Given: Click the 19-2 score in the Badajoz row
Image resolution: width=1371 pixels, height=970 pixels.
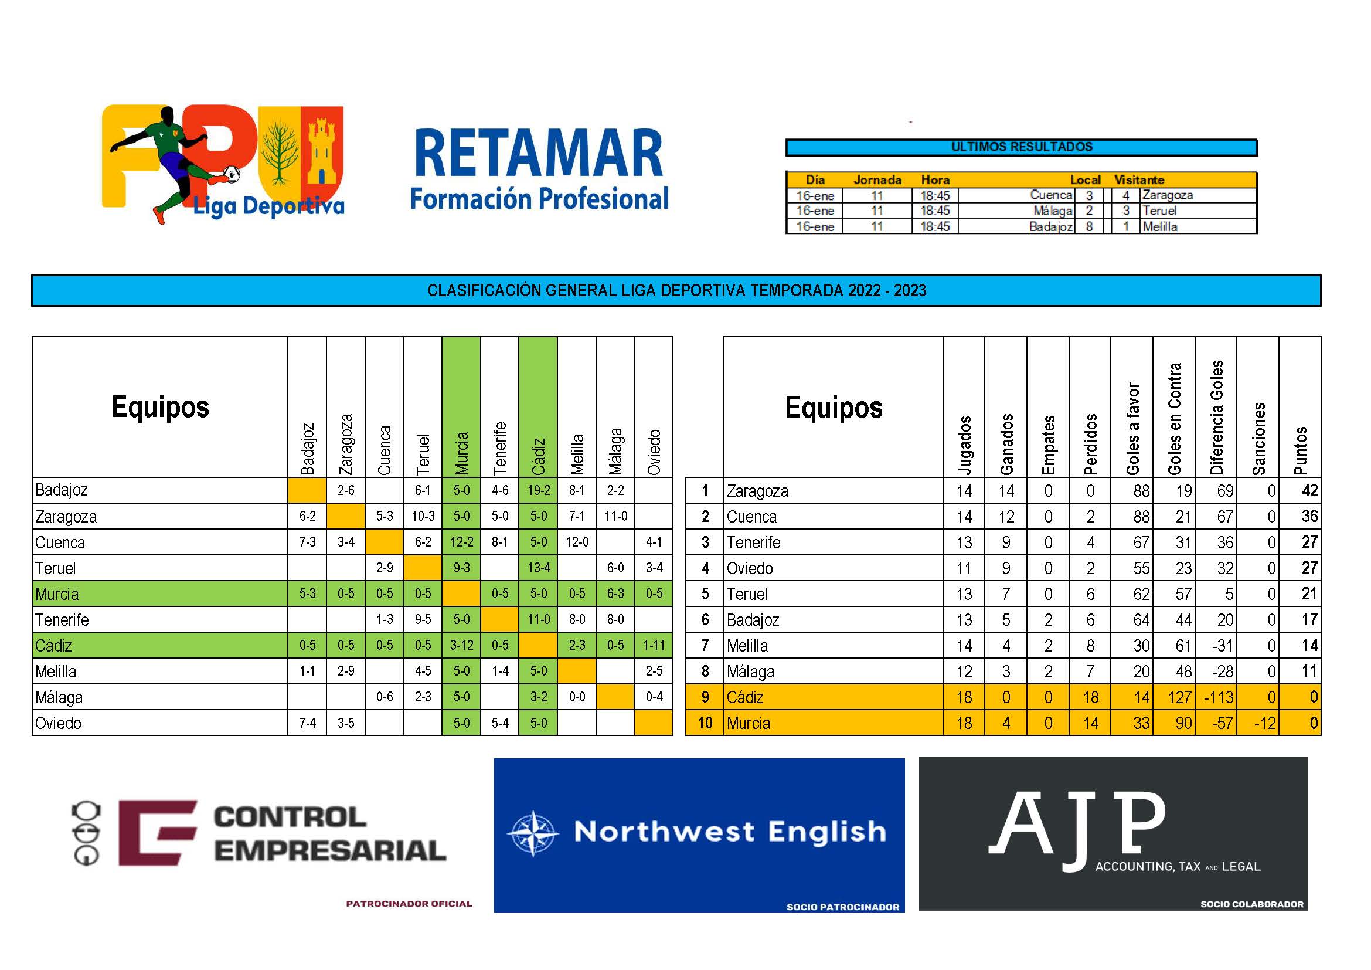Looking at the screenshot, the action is (538, 490).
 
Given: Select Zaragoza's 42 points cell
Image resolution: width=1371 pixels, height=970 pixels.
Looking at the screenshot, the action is (1309, 490).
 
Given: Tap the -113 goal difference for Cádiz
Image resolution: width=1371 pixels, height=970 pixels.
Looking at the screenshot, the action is (1217, 697).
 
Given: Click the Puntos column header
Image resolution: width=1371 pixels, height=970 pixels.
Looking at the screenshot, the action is (1300, 450).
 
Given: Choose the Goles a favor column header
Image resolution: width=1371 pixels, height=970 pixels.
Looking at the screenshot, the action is (1132, 429).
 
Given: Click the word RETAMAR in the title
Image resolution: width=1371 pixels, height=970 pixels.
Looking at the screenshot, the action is (539, 153).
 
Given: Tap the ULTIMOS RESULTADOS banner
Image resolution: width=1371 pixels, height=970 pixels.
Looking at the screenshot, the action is (1022, 147).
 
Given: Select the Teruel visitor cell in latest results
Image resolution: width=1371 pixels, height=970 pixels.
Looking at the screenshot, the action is (1159, 211).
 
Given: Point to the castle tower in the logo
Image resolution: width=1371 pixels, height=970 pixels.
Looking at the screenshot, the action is (322, 151).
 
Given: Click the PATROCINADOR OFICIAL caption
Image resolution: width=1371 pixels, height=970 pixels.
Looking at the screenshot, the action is (409, 904).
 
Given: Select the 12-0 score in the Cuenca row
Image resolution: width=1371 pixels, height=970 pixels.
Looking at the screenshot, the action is (577, 542).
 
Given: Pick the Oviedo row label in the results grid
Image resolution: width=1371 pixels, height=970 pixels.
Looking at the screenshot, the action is (59, 723).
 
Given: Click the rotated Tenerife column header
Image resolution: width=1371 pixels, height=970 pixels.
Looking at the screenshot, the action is (500, 448).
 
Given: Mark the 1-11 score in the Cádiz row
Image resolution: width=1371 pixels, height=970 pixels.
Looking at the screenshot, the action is (654, 646).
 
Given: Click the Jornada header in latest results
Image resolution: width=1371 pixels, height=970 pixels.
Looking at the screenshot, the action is (877, 180).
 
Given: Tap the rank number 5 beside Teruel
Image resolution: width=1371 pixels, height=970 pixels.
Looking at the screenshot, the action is (705, 594).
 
